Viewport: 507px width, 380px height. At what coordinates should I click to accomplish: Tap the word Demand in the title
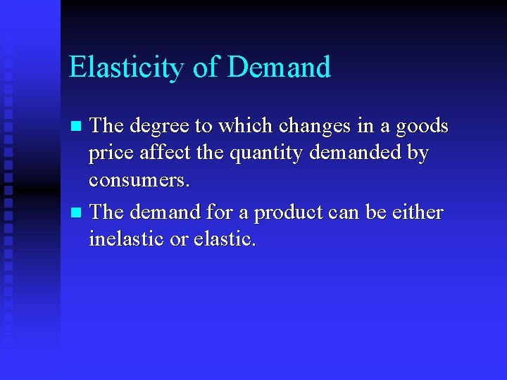point(279,68)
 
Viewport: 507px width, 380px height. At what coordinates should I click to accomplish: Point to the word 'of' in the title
point(206,68)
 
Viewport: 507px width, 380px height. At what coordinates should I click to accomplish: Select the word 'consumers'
point(138,181)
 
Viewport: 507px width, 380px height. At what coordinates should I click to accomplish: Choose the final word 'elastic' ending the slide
point(223,239)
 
